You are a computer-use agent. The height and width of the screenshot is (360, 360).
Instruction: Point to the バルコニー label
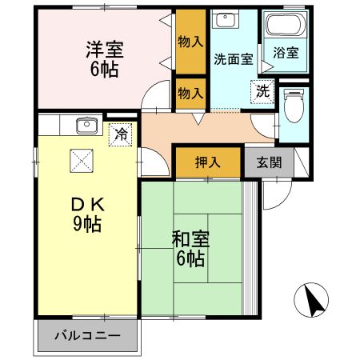pos(87,335)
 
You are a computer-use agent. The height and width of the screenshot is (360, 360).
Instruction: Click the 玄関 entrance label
pos(268,162)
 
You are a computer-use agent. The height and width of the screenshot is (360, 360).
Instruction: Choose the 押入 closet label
pos(207,162)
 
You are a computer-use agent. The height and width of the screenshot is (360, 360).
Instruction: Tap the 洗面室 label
pos(234,58)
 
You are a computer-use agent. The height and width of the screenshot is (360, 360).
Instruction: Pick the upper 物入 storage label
pos(190,41)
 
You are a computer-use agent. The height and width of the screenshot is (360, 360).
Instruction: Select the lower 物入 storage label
pos(190,94)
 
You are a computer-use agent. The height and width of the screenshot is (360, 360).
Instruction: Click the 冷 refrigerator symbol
pos(120,134)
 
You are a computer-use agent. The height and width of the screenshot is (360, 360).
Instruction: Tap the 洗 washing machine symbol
pos(262,91)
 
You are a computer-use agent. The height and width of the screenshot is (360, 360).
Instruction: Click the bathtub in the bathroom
pos(284,28)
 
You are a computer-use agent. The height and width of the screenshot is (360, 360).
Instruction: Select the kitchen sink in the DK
pos(84,126)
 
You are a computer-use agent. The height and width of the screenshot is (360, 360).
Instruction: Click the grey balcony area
pos(87,336)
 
